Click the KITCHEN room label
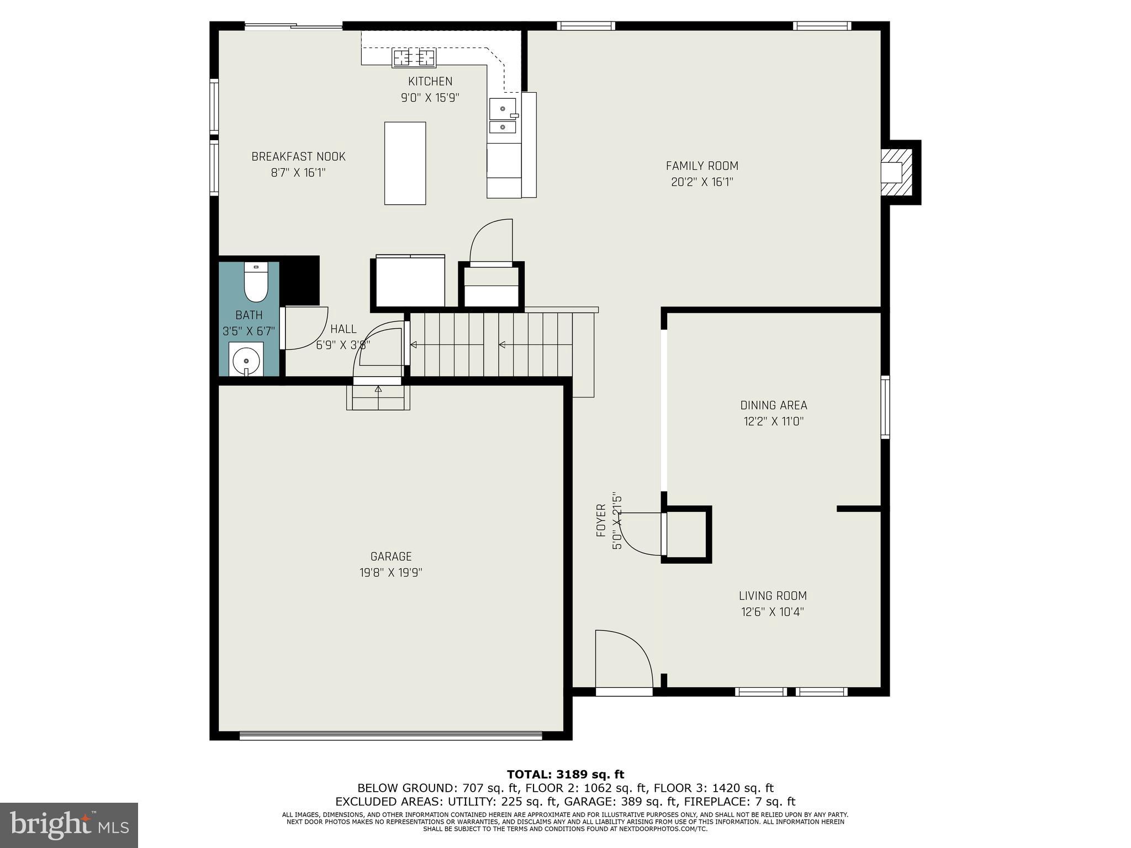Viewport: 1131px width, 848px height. tap(430, 81)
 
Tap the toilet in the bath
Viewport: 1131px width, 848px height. tap(256, 283)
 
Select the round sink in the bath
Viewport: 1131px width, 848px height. tap(246, 362)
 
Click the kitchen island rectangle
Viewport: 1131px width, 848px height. tap(405, 163)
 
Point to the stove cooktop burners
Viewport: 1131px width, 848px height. tap(414, 57)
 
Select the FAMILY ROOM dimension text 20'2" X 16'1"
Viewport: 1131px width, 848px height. tap(701, 182)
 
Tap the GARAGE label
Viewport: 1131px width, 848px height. tap(391, 556)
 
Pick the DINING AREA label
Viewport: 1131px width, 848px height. tap(773, 405)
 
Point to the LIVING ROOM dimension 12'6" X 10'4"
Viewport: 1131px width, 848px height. tap(772, 612)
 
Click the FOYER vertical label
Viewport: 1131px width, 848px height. tap(601, 521)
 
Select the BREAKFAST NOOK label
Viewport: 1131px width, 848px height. tap(298, 156)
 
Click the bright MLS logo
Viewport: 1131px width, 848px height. tap(69, 825)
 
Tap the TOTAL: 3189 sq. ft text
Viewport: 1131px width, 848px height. tap(565, 775)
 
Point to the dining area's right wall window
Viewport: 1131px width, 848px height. tap(885, 407)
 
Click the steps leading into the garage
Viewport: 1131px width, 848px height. tap(378, 398)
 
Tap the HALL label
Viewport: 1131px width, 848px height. tap(343, 329)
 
